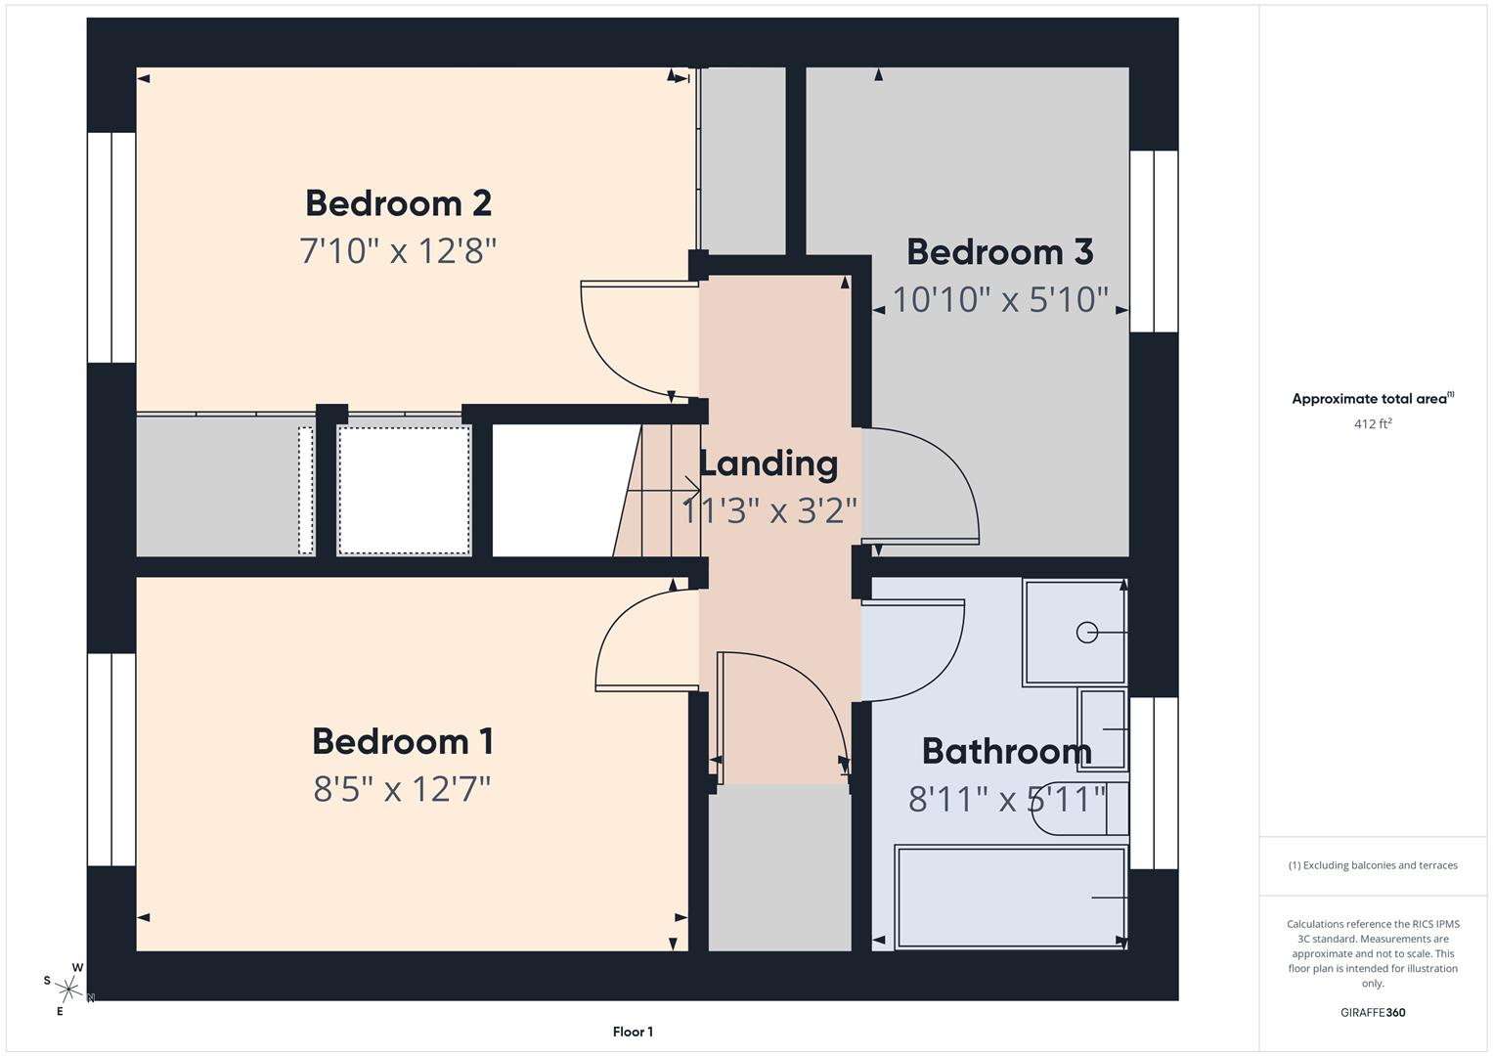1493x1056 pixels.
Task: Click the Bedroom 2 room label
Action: (x=398, y=203)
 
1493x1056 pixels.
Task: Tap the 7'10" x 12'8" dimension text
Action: (x=398, y=251)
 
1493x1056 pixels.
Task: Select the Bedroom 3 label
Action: (x=999, y=252)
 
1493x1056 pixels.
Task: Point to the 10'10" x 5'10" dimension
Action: (x=1000, y=299)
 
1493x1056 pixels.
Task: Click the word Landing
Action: (x=768, y=463)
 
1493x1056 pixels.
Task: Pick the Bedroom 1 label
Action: (x=403, y=741)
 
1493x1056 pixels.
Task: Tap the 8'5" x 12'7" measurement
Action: (x=402, y=788)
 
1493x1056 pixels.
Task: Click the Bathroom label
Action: (x=1006, y=751)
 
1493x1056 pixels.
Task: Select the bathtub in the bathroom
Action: (x=1011, y=898)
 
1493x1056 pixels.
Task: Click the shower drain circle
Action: (x=1086, y=633)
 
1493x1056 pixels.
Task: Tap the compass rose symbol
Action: (x=68, y=990)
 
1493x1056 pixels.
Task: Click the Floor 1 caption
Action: (x=633, y=1032)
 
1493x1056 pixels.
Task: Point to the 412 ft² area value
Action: (x=1373, y=424)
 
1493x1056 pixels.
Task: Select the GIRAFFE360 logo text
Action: (x=1373, y=1013)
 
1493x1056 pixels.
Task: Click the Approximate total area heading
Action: (x=1373, y=399)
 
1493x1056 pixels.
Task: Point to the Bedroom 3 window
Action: (x=1154, y=242)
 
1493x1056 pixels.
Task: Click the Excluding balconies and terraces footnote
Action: (x=1373, y=865)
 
